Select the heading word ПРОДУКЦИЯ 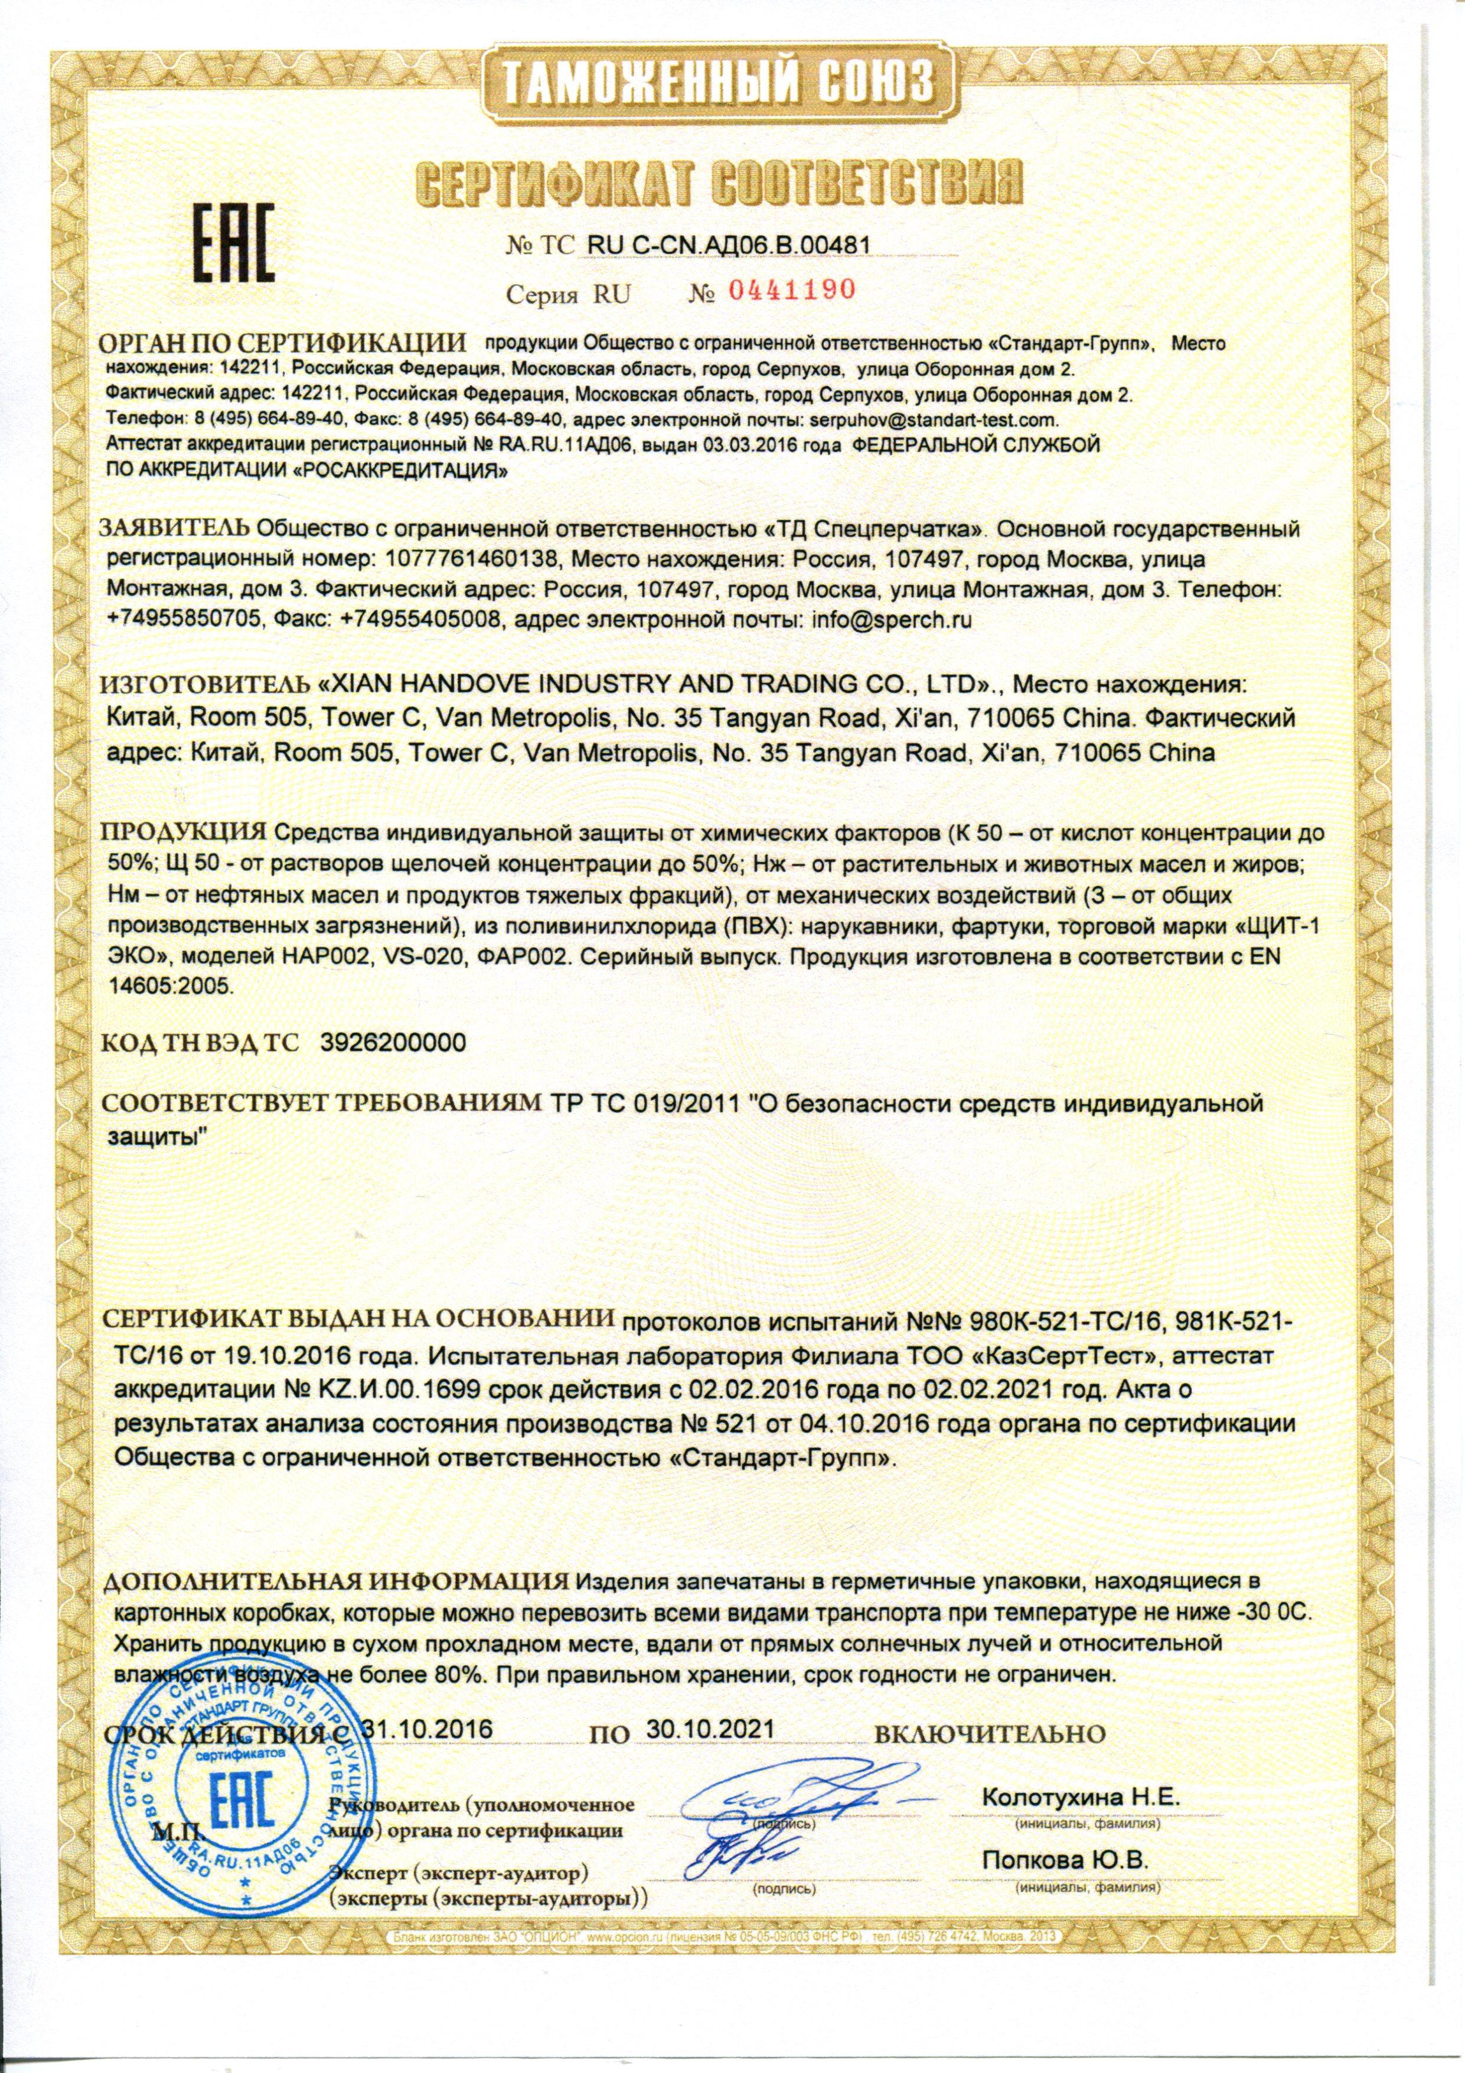[x=183, y=830]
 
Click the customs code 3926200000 [x=393, y=1043]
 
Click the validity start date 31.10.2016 [x=426, y=1729]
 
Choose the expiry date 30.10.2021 [x=710, y=1729]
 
